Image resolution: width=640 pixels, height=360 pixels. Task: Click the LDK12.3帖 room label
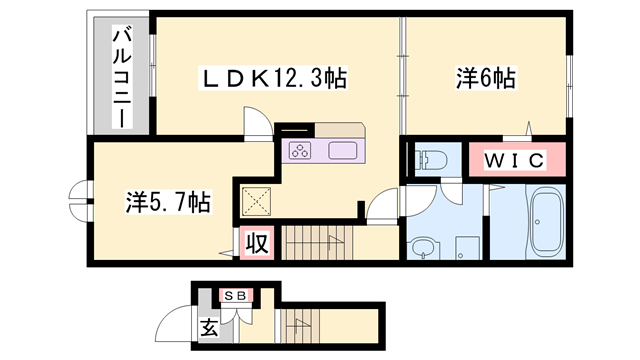pos(274,78)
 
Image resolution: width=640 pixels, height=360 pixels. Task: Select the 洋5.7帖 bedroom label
pos(167,202)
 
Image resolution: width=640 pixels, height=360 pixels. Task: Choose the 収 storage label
pos(257,243)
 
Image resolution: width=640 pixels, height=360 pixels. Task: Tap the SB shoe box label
pos(235,295)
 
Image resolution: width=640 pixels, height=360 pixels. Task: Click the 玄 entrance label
pos(209,326)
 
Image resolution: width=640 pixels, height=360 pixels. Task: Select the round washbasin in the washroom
pos(424,246)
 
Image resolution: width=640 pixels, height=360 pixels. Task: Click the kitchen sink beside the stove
pos(342,152)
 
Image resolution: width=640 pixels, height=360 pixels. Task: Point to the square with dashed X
pos(258,203)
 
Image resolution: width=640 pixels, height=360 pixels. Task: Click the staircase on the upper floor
pos(315,242)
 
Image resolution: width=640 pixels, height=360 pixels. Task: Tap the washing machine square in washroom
pos(466,246)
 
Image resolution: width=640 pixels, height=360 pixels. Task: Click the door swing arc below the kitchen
pos(380,207)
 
